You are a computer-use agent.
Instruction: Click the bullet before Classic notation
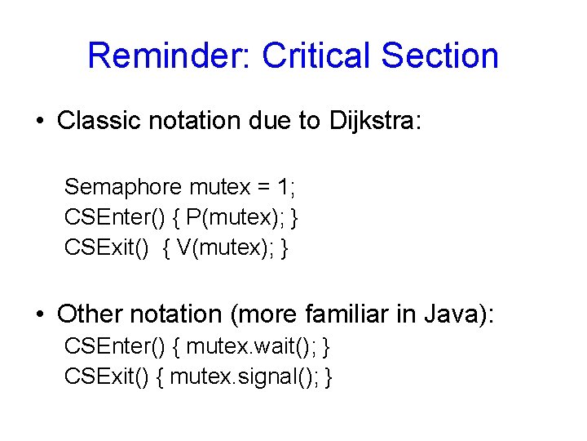(38, 122)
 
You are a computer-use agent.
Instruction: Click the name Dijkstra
(371, 122)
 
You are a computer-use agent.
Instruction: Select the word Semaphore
(123, 188)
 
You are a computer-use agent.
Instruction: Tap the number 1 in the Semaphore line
(282, 188)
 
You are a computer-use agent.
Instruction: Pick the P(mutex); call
(236, 218)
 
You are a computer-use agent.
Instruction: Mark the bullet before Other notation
(38, 314)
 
